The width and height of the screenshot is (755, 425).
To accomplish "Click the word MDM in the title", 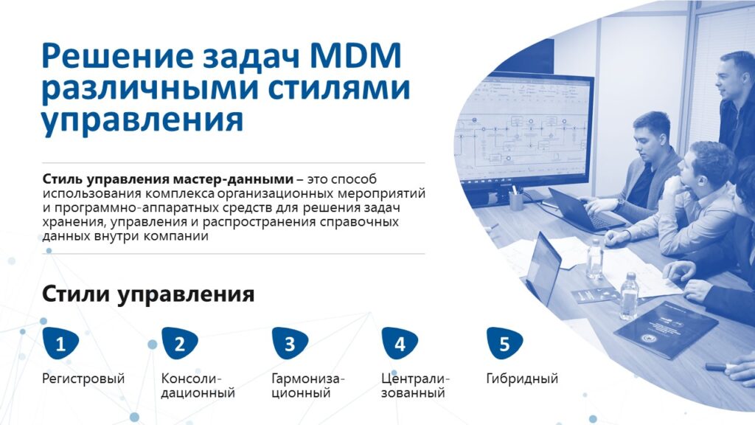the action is coord(355,55).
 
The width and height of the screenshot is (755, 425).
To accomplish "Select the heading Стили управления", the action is coord(148,294).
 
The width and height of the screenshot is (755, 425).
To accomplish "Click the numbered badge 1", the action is coord(60,344).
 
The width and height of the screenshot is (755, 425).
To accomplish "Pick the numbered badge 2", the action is coord(180,344).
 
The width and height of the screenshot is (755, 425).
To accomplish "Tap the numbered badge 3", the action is coord(290,344).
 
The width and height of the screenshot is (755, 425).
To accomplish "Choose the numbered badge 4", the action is coord(400,344).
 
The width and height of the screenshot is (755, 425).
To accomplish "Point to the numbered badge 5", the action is coord(504,344).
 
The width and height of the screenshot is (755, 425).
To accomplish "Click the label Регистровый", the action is coord(83,379).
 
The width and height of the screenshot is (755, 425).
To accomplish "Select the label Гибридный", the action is coord(522,379).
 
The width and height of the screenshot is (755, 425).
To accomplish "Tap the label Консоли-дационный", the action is coord(198,386).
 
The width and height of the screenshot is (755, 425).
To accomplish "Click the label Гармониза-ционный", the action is coord(308,386).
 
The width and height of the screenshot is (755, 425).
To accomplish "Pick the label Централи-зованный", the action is coord(415,386).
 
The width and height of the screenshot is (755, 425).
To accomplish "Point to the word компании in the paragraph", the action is coord(175,237).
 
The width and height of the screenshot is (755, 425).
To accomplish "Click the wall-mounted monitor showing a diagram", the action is coord(523,129).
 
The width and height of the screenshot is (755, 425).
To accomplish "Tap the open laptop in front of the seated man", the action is coord(582,210).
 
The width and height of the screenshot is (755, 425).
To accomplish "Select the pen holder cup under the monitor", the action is coord(515,201).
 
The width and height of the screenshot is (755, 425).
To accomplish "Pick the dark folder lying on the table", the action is coord(667,328).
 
